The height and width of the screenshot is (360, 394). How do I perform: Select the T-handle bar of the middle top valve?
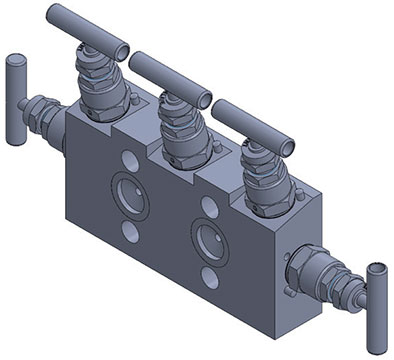(170, 76)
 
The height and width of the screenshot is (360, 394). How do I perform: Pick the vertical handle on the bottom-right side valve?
(374, 290)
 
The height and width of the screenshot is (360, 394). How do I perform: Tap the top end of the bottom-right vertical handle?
(376, 268)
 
